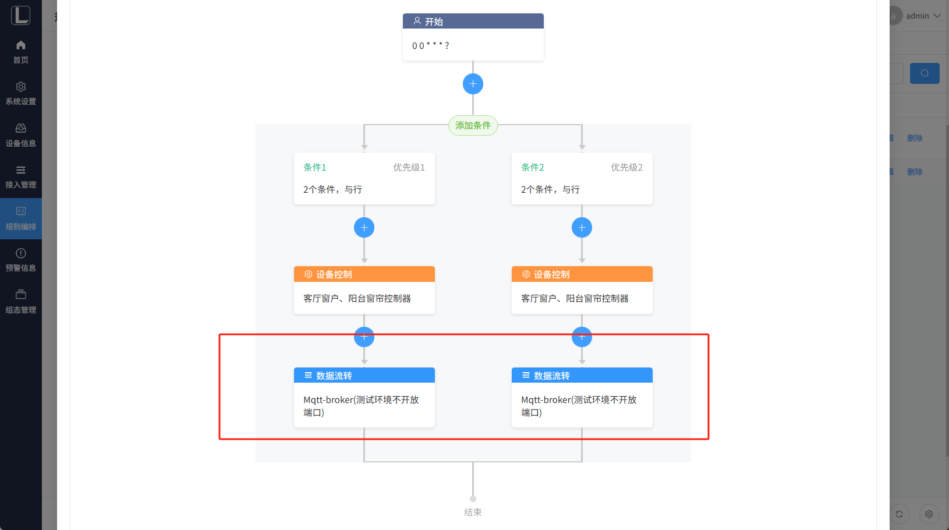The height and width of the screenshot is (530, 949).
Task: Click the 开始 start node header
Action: [x=473, y=22]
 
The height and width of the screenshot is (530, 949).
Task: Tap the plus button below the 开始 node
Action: [x=473, y=84]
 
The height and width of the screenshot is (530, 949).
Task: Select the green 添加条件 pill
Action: [x=473, y=125]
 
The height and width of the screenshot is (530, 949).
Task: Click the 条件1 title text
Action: [x=314, y=167]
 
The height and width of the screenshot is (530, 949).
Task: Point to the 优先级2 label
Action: [x=626, y=167]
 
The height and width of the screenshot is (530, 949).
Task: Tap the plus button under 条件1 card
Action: [x=364, y=227]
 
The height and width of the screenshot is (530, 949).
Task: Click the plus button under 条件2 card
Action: [x=582, y=227]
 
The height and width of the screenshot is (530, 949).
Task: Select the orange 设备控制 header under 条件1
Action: [x=364, y=274]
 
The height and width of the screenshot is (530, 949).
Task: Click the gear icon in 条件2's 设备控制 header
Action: [x=526, y=274]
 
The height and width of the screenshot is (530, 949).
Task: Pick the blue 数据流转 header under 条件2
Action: [x=582, y=376]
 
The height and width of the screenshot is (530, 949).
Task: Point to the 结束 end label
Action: [x=473, y=512]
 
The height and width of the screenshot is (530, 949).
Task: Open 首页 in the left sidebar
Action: [x=21, y=52]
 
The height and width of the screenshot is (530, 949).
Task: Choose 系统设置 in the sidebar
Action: [x=21, y=93]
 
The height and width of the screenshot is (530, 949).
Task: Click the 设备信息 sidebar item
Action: [x=21, y=135]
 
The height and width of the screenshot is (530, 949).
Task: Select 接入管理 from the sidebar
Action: [x=21, y=176]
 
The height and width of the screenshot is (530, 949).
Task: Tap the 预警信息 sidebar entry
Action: [x=21, y=260]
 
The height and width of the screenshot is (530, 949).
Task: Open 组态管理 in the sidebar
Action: [x=21, y=302]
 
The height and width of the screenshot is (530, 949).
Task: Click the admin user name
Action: [x=917, y=16]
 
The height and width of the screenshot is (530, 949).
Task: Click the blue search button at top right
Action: [x=925, y=73]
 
